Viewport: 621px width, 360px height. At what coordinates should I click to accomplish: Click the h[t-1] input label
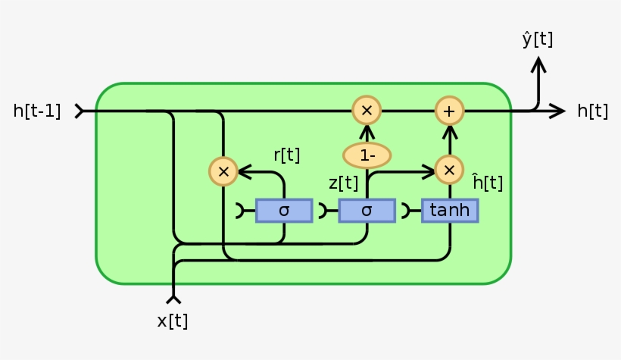[36, 111]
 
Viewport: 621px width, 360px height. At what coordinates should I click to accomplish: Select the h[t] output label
[592, 111]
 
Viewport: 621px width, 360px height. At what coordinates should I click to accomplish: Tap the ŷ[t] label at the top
[537, 39]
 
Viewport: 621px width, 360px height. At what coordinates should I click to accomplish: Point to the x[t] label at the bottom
[173, 321]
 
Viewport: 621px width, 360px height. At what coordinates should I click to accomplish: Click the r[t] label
[286, 155]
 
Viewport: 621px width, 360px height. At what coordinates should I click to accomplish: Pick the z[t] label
[343, 183]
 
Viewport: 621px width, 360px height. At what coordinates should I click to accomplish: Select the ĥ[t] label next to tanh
[487, 183]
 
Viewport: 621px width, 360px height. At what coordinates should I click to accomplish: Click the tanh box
[450, 211]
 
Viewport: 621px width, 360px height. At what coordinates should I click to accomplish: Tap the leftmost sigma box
[284, 211]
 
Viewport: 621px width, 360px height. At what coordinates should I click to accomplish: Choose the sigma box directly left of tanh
[367, 211]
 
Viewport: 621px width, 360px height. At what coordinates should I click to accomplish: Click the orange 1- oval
[367, 155]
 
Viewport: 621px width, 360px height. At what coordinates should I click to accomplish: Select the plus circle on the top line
[449, 111]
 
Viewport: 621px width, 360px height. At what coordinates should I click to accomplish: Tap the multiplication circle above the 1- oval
[367, 111]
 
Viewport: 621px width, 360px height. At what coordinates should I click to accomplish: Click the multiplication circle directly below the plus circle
[449, 170]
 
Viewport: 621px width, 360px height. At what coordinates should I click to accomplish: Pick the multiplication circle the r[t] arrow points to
[223, 172]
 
